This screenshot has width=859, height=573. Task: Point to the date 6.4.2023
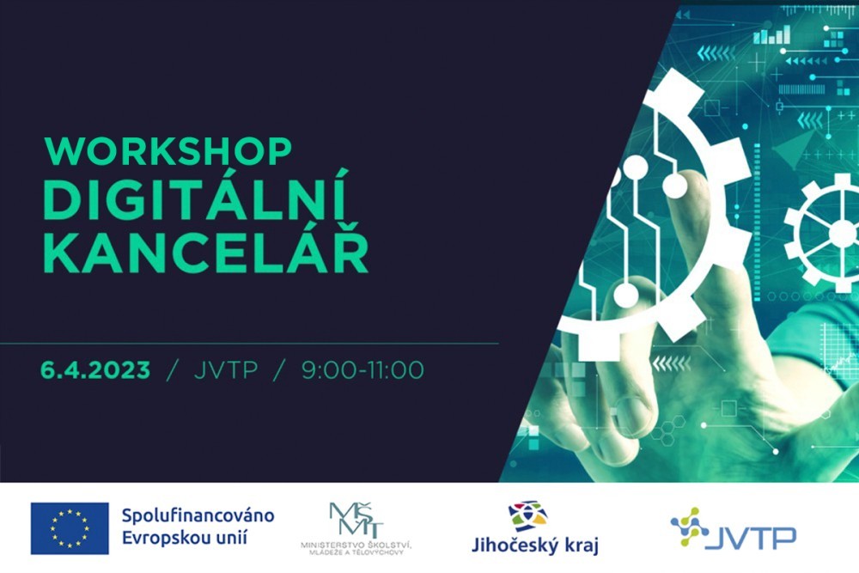point(95,370)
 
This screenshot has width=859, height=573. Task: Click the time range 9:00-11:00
point(362,370)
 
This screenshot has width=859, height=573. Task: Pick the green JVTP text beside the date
point(226,370)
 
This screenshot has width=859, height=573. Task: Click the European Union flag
point(70,528)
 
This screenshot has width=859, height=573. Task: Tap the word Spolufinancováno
point(198,516)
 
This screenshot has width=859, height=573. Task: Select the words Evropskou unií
point(185,538)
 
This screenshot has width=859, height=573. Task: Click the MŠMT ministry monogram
point(356,520)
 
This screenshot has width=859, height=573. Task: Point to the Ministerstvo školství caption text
point(356,548)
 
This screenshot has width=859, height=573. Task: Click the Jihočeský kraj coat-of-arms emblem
point(527,515)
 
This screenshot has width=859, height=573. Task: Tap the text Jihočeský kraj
point(535,546)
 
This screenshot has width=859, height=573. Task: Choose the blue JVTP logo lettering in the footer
point(750,538)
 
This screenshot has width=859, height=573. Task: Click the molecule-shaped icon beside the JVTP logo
point(689,527)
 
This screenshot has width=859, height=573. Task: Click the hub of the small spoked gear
point(841,234)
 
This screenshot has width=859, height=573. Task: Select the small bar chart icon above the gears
point(772,34)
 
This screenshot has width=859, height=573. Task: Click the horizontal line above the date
point(249,344)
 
